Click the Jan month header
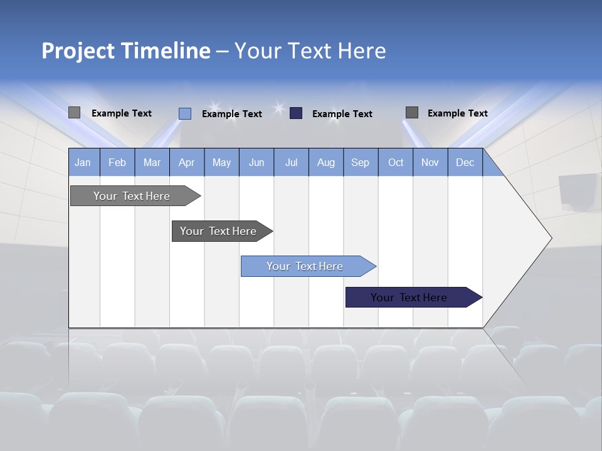pyautogui.click(x=83, y=162)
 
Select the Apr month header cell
pyautogui.click(x=187, y=162)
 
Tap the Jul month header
pyautogui.click(x=291, y=162)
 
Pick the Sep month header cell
pyautogui.click(x=361, y=162)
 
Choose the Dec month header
pyautogui.click(x=465, y=162)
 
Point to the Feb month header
pyautogui.click(x=117, y=162)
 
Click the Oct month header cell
pyautogui.click(x=396, y=162)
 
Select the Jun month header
pyautogui.click(x=256, y=162)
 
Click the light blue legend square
pyautogui.click(x=184, y=113)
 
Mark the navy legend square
pyautogui.click(x=296, y=113)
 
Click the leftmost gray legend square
pyautogui.click(x=74, y=113)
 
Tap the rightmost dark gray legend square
pyautogui.click(x=412, y=113)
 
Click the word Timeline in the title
pyautogui.click(x=166, y=51)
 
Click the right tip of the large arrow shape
pyautogui.click(x=550, y=238)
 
